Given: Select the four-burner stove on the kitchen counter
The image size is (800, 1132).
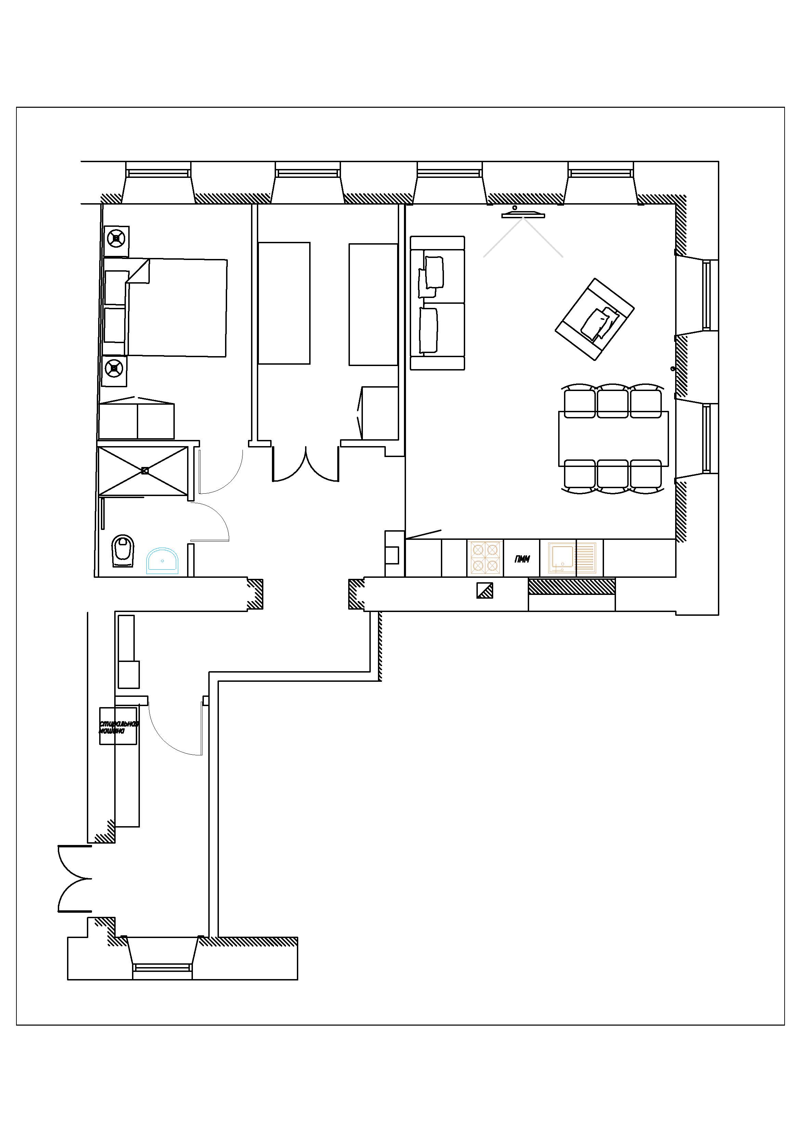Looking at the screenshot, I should click(485, 558).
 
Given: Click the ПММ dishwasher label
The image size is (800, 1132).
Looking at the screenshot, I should click(522, 559).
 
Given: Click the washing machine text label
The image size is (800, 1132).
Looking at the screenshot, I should click(118, 727).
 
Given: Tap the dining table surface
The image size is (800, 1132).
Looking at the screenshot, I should click(613, 438).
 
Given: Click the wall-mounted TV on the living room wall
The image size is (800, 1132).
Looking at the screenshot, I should click(523, 215).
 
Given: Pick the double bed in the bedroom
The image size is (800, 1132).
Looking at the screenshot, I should click(178, 307).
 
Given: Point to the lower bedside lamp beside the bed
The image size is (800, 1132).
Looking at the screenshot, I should click(114, 367).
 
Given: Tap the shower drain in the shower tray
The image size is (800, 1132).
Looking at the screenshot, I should click(144, 470).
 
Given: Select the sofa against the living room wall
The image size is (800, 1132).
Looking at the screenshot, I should click(437, 303).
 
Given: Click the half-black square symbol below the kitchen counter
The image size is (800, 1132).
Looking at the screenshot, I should click(485, 590).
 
